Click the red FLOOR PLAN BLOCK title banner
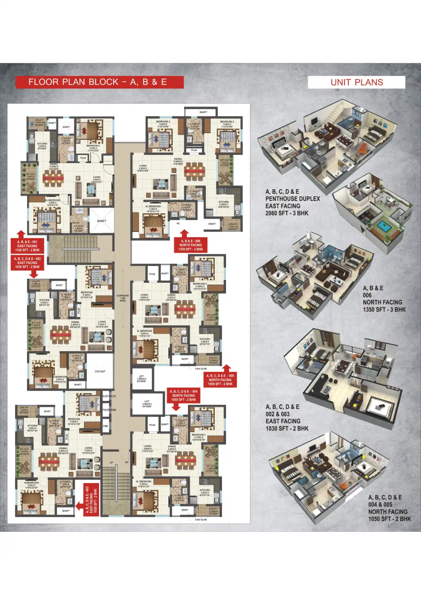pos(99,82)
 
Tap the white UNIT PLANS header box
pos(356,82)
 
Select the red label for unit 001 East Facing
pos(27,246)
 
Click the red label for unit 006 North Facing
pos(191,245)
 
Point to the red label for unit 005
pos(220,380)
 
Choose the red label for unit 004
pos(184,395)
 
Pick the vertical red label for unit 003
pos(91,500)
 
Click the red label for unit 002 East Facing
pos(27,263)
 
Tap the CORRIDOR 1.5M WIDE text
pos(122,298)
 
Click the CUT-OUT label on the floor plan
pos(100,371)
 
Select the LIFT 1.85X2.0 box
pos(142,378)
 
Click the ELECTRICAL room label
pos(109,396)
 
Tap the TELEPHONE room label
pos(109,410)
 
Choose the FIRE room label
pos(106,426)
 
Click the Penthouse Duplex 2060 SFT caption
pos(292,202)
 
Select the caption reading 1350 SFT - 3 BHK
pos(384,310)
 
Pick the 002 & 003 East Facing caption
pos(287,418)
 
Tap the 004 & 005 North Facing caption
pos(389,508)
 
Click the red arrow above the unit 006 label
pos(184,234)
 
